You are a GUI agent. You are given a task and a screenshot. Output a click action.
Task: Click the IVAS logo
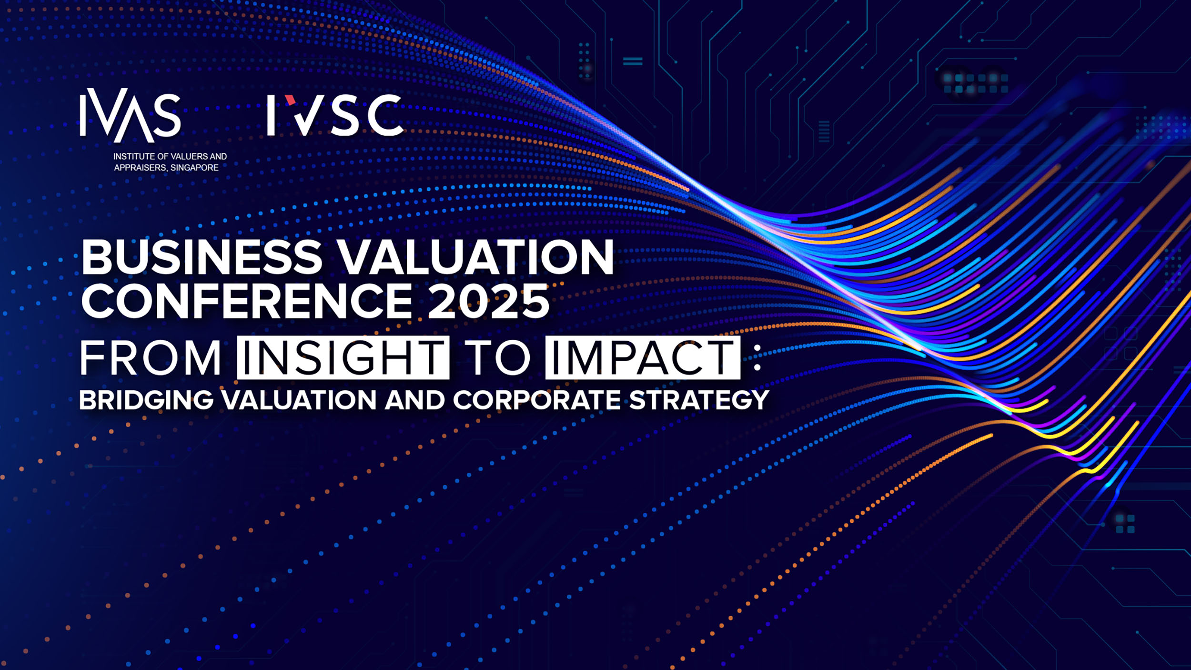click(x=130, y=116)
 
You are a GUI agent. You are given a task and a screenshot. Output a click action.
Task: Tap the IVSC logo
click(x=335, y=115)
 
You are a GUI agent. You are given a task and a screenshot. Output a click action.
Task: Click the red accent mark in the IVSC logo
click(x=290, y=100)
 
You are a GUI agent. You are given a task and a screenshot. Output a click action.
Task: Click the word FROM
click(x=150, y=357)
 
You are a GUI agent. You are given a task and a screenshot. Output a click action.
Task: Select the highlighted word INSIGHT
click(x=343, y=357)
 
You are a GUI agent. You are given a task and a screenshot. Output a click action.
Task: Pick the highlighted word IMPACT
click(x=643, y=357)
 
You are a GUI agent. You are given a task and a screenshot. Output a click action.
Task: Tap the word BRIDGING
click(x=146, y=400)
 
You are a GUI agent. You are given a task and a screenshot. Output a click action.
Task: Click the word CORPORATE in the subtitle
click(x=537, y=400)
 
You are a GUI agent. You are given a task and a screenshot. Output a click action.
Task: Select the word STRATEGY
click(x=699, y=400)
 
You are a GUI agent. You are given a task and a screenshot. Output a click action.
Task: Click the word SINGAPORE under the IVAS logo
click(x=194, y=168)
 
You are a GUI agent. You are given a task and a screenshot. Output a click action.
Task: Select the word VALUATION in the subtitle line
click(x=299, y=400)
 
